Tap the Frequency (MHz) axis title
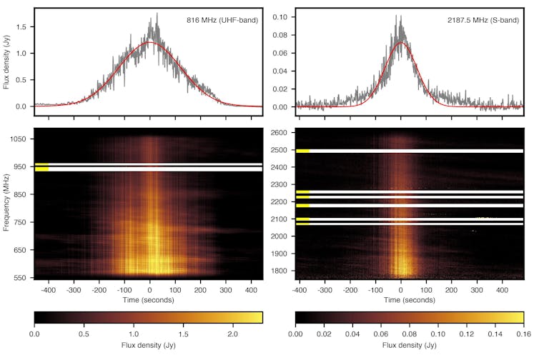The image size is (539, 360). click(7, 203)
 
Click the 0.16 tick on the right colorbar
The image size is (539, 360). click(523, 333)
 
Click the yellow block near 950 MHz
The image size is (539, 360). click(41, 167)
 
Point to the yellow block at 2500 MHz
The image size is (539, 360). click(302, 151)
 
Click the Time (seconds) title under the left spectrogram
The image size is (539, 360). click(149, 300)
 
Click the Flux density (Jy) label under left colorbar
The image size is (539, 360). click(149, 345)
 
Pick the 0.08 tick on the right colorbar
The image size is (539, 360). click(409, 333)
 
